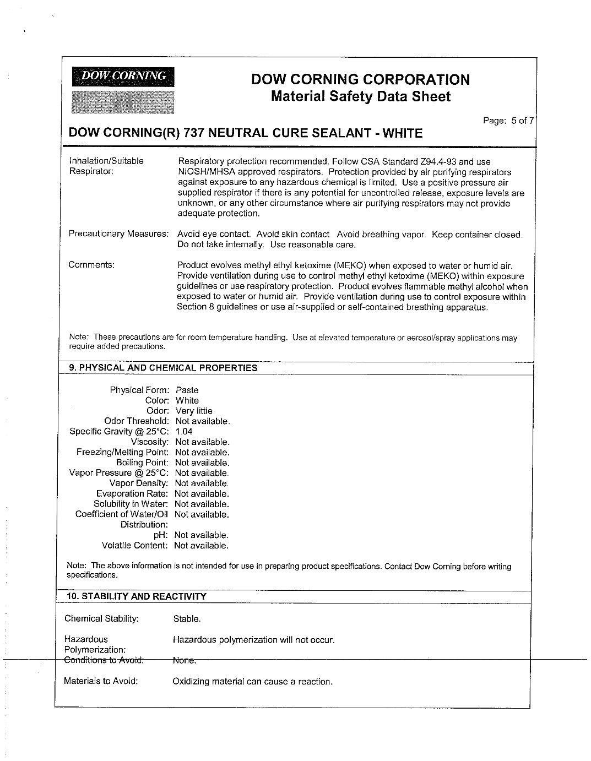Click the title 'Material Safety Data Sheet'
[361, 97]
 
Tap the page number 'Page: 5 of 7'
[508, 121]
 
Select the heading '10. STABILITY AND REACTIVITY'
[136, 596]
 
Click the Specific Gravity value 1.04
[184, 432]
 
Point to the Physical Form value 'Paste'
[187, 390]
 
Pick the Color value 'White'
[187, 400]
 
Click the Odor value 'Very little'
[193, 411]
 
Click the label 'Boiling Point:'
[142, 463]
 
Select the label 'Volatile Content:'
[134, 546]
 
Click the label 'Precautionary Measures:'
[118, 234]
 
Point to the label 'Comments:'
[91, 265]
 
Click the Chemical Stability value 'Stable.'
[187, 619]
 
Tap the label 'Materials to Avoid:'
[101, 681]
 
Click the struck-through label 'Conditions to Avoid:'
[104, 660]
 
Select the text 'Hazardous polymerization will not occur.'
[253, 640]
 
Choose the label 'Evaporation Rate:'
[132, 494]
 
